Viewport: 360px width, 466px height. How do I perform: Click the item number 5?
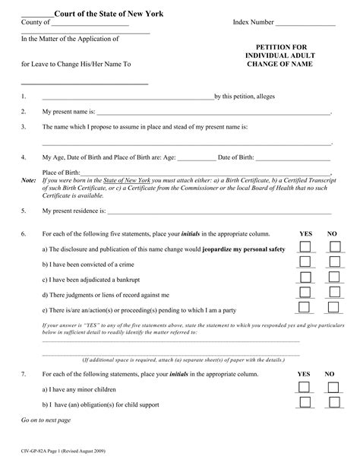[x=24, y=210]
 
